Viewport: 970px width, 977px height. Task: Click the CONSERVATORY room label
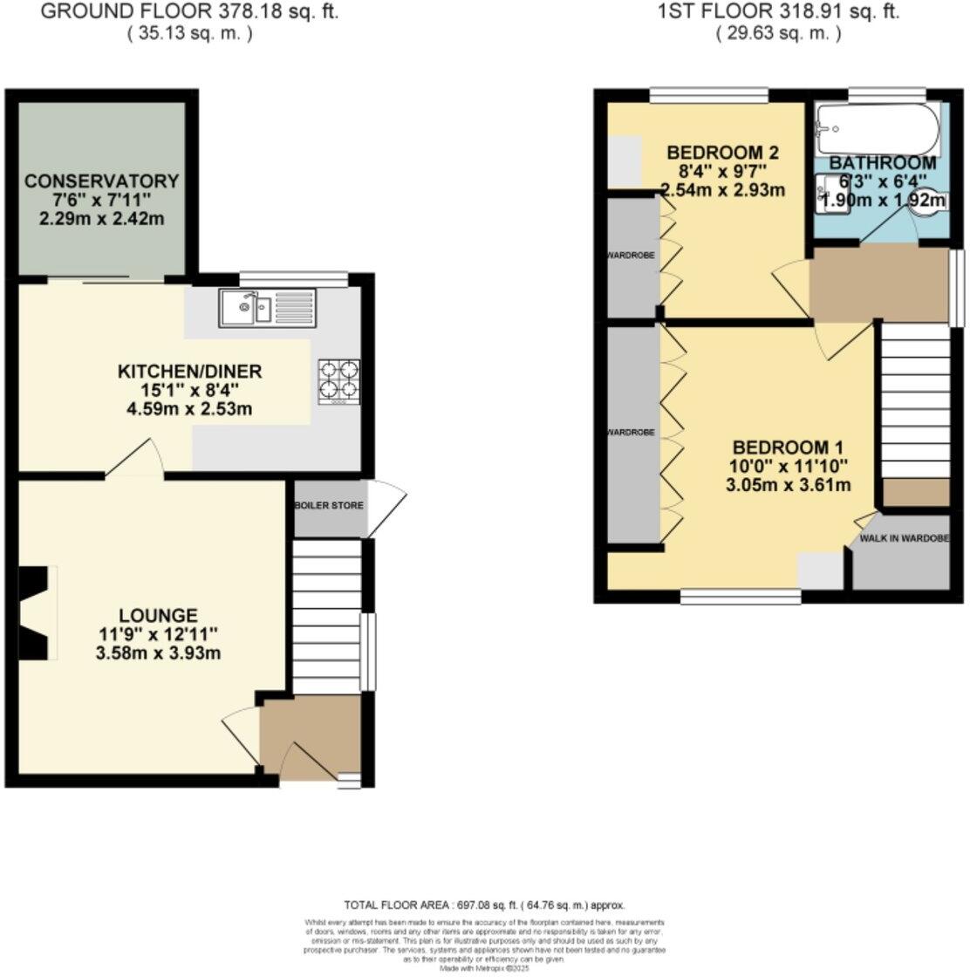101,181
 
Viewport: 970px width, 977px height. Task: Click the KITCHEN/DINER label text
189,372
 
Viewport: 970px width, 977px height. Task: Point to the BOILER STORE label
329,506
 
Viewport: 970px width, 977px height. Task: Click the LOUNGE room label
160,615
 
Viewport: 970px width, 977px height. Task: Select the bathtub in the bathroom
878,128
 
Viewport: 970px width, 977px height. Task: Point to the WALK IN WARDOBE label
904,538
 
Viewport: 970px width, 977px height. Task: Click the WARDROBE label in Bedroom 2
631,256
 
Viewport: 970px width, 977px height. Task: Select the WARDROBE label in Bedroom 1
632,432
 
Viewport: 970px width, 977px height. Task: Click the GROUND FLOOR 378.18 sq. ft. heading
189,11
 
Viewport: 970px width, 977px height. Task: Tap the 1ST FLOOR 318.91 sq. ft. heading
778,11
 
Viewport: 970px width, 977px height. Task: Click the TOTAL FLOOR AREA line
485,905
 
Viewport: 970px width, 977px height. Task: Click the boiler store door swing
386,508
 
